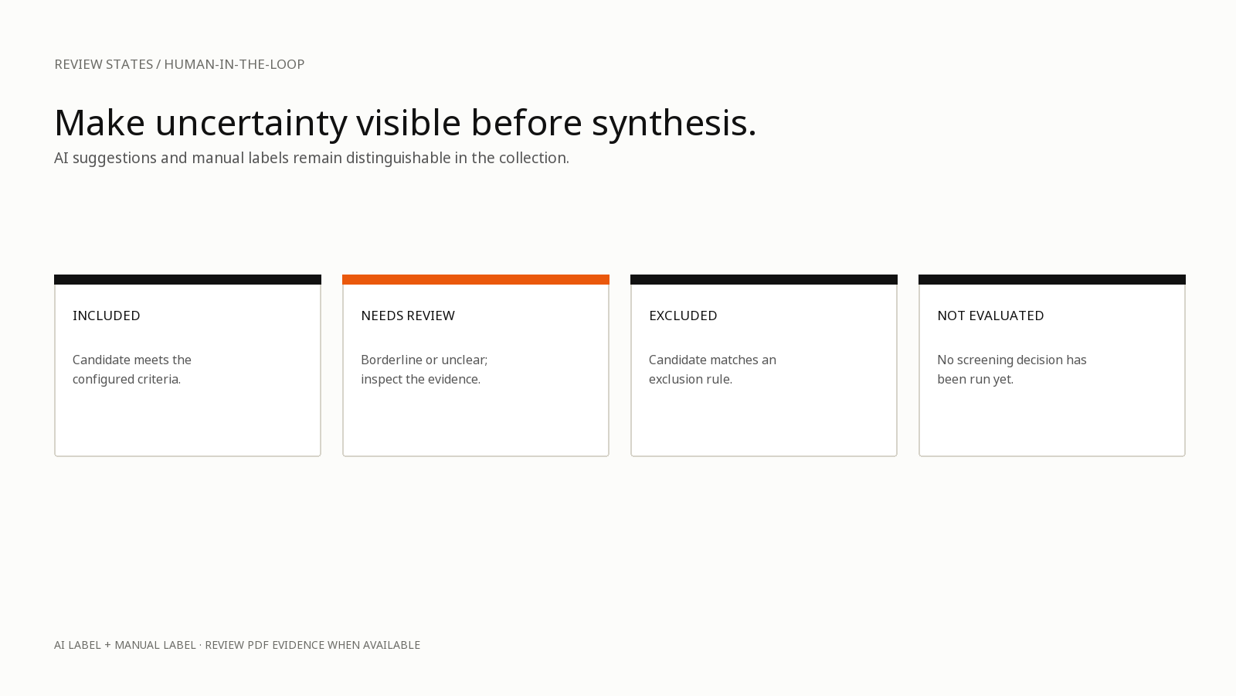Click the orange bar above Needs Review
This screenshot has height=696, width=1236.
tap(476, 279)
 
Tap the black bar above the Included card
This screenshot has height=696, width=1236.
tap(188, 279)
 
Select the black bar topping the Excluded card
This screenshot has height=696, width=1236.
tap(764, 279)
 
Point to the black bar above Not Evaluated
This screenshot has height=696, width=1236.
tap(1051, 279)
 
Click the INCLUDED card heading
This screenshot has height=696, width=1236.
tap(107, 316)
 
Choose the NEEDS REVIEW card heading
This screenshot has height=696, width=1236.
tap(408, 316)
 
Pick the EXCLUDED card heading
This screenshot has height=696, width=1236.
tap(683, 316)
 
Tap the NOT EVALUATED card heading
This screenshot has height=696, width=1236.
tap(990, 316)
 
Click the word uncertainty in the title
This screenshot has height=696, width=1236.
tap(251, 124)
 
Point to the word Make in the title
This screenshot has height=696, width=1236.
tap(100, 123)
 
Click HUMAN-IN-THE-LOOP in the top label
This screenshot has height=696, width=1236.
tap(234, 65)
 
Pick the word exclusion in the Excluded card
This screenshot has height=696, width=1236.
tap(676, 380)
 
